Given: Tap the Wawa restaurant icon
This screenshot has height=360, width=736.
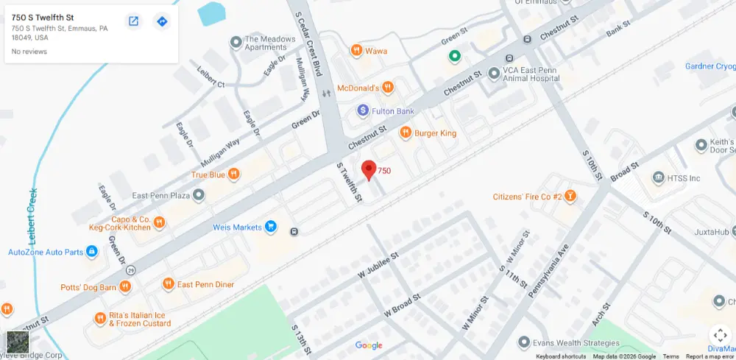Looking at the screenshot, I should [356, 51].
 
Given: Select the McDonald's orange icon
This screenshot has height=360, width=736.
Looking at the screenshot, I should [388, 88].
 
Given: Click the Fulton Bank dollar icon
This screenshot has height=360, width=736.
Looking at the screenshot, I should [362, 110].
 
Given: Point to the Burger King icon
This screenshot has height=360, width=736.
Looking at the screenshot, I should [405, 133].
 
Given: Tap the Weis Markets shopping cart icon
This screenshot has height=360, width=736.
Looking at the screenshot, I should [271, 227].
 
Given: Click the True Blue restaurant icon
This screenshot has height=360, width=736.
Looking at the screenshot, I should [233, 174].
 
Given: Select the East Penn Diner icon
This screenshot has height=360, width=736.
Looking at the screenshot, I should [168, 284].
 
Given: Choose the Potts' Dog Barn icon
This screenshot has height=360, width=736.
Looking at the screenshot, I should [125, 286].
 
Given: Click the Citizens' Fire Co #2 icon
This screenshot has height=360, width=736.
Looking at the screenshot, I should [570, 197].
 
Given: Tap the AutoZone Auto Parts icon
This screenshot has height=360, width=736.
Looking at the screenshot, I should [92, 252].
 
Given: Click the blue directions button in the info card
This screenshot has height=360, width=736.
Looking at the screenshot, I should [162, 21].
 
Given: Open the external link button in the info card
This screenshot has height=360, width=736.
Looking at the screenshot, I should [133, 21].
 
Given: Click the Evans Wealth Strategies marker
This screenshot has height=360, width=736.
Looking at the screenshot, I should [523, 342].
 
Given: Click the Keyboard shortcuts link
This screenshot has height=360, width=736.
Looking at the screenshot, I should [561, 356].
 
